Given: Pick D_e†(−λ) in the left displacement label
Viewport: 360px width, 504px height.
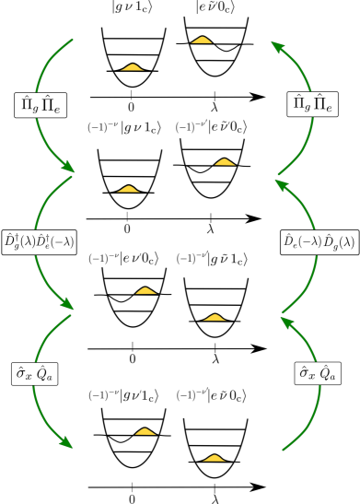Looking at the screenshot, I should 54,241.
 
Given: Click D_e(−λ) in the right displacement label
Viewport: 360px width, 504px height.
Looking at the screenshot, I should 300,242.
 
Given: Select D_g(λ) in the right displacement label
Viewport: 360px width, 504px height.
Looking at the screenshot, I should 334,242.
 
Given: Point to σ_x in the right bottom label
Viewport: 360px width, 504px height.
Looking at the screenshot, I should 307,372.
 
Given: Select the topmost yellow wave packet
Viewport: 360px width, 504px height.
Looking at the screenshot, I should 202,40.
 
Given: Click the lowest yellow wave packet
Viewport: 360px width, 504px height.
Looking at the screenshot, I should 214,457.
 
